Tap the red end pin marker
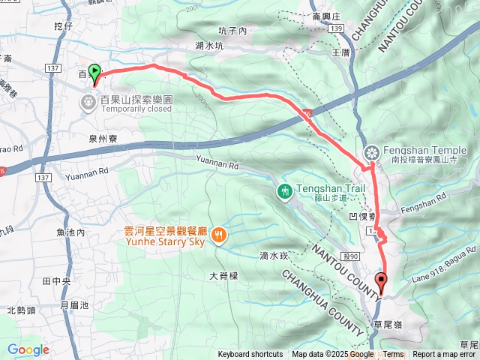[381, 283]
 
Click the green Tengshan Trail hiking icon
[284, 191]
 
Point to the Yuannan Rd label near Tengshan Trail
[217, 163]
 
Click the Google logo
[28, 349]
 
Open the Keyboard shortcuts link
[250, 355]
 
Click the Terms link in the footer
[393, 355]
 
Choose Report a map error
[445, 355]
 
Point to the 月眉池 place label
[74, 305]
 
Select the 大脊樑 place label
[223, 276]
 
